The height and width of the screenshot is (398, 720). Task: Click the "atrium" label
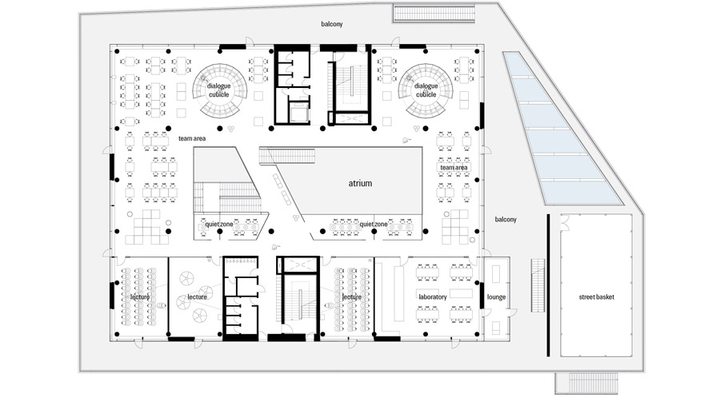360,183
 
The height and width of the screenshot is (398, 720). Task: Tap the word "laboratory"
433,297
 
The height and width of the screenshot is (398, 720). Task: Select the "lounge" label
496,297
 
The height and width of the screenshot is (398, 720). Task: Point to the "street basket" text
597,297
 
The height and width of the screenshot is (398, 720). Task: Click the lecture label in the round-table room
197,297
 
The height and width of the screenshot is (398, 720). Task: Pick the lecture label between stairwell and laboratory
352,297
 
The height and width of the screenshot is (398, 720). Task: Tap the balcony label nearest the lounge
506,220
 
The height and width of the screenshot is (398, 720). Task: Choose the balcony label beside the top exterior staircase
331,24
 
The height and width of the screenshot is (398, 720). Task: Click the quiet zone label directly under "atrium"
373,225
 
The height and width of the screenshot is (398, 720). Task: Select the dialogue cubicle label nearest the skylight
426,90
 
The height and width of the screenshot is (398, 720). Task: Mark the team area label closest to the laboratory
454,168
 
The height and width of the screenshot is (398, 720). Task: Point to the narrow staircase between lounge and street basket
538,285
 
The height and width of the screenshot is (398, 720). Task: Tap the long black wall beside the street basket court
548,285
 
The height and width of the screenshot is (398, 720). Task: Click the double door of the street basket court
564,223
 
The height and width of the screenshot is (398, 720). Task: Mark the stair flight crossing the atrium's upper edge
287,155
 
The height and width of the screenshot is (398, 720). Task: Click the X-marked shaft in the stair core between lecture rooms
299,265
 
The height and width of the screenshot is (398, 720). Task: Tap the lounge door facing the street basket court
513,312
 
